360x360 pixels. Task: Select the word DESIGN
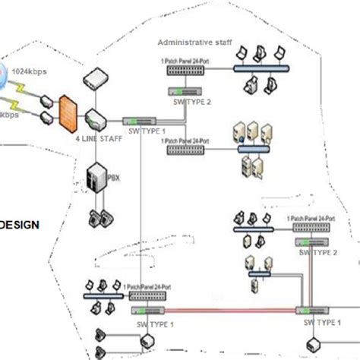[19, 225]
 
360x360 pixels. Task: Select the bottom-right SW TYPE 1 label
[323, 323]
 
